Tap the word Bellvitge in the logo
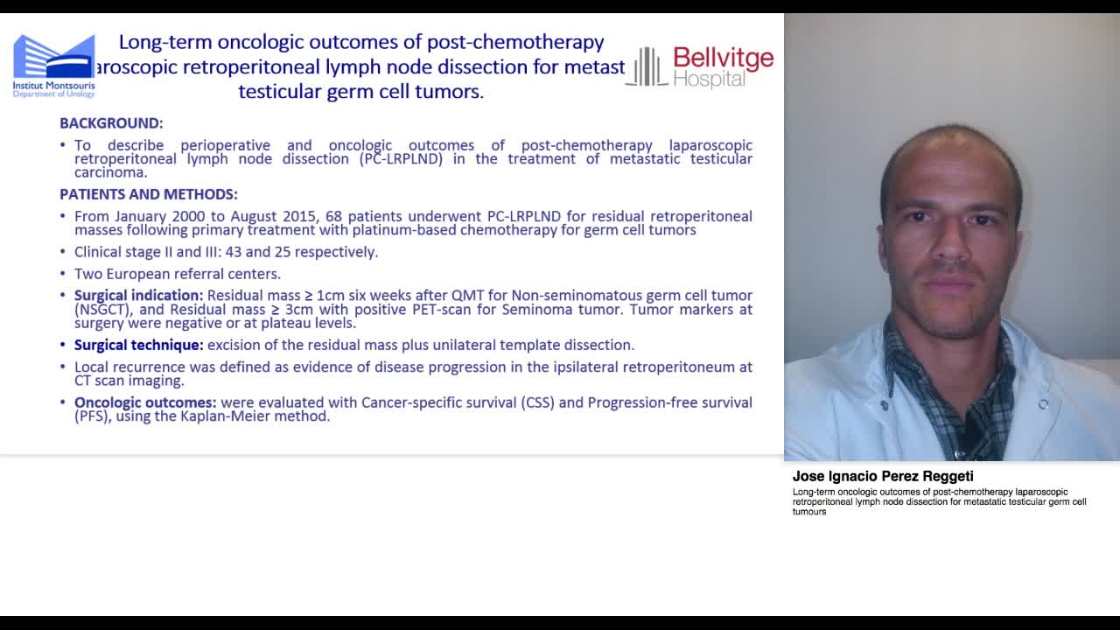[724, 59]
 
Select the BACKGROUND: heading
[111, 123]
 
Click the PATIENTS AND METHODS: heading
[149, 194]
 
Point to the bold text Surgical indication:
[138, 296]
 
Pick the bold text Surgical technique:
[138, 345]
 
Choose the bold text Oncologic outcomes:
[145, 402]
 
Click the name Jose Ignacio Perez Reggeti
[883, 477]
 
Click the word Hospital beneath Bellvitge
[710, 79]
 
